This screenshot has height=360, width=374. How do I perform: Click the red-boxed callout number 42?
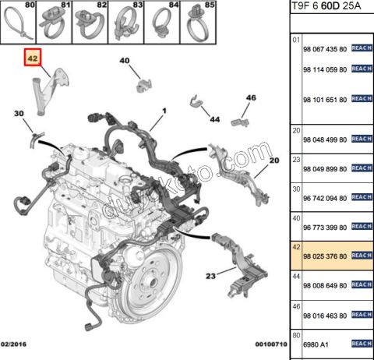[x=32, y=58]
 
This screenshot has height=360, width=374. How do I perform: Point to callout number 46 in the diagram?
[x=251, y=97]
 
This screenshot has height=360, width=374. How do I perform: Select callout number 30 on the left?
[x=18, y=114]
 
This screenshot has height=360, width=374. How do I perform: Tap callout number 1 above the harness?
[x=164, y=111]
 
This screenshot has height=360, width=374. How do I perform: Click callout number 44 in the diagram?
[x=214, y=119]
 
